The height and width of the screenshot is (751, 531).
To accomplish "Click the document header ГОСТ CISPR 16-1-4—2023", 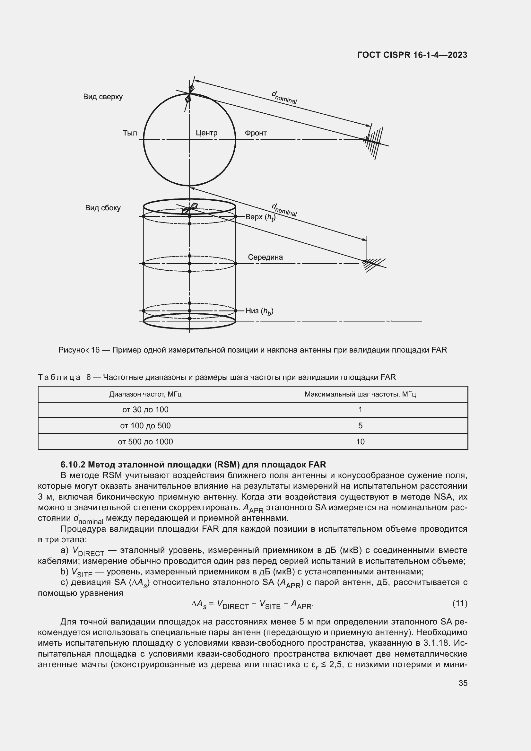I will click(x=412, y=55).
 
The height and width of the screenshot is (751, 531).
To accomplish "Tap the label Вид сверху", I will click(x=103, y=97).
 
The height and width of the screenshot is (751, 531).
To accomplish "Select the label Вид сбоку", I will click(x=103, y=208).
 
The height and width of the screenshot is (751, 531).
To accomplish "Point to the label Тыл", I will click(x=130, y=133).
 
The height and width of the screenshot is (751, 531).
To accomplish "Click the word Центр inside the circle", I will click(x=206, y=133).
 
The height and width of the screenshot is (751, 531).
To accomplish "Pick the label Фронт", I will click(x=256, y=133).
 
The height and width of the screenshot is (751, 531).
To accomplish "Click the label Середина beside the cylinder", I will click(x=265, y=257).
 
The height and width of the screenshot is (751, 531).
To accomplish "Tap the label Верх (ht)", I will click(x=260, y=217).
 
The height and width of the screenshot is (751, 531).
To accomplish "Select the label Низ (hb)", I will click(x=259, y=311).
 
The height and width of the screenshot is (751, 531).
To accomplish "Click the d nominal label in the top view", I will click(x=284, y=98).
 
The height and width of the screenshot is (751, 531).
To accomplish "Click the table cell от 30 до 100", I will click(x=145, y=409).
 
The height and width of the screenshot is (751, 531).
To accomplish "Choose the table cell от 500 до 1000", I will click(x=145, y=441).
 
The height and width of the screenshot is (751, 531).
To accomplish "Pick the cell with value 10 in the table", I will click(x=360, y=441).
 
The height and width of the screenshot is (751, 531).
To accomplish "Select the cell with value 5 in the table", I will click(x=360, y=425).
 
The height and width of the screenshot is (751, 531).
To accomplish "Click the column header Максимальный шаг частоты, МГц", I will click(x=360, y=394).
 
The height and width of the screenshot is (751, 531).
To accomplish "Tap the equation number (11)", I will click(x=459, y=603).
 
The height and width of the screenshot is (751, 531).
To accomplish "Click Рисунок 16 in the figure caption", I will click(x=79, y=350).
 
